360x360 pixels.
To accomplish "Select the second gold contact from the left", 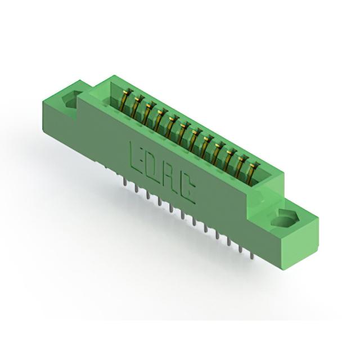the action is click(x=137, y=106).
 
